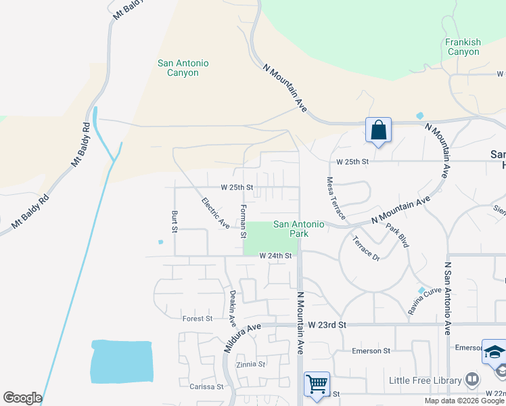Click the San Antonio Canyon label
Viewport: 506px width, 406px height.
183,68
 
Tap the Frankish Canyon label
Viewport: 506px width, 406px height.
463,47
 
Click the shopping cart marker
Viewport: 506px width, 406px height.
317,385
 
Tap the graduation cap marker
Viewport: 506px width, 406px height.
494,353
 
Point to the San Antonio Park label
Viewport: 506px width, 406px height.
299,229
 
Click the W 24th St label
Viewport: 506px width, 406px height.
275,256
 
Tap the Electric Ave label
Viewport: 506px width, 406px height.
215,212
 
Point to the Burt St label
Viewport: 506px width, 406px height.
175,221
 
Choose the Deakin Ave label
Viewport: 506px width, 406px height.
232,306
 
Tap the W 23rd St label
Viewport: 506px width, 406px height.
327,325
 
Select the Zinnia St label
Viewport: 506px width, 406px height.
251,364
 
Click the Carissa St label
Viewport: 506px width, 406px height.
206,386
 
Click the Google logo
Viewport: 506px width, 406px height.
22,398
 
